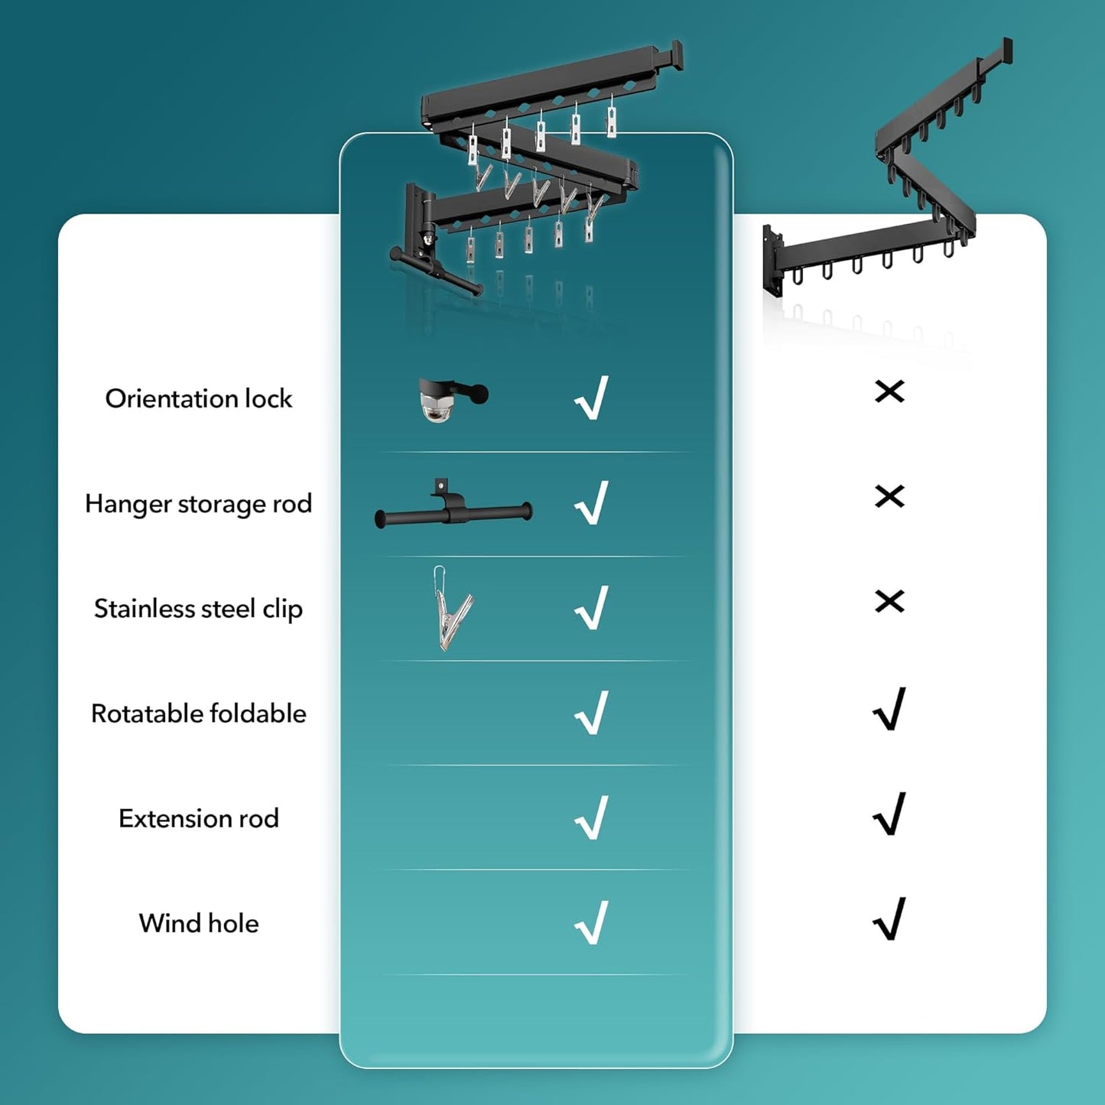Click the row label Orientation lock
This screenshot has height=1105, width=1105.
click(198, 398)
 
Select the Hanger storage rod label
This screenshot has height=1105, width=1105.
click(198, 504)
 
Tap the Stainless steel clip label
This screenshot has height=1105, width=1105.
click(198, 609)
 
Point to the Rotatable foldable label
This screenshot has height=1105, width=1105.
click(198, 713)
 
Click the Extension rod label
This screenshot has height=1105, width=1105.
click(198, 818)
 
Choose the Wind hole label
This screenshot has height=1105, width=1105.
click(198, 923)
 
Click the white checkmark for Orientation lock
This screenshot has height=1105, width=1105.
click(592, 398)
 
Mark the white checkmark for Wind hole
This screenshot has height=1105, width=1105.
click(592, 922)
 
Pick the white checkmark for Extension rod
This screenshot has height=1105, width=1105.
click(592, 817)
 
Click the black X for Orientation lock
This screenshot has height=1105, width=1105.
click(889, 392)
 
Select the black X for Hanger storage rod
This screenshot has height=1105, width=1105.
click(889, 496)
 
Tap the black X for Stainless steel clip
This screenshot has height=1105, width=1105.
click(889, 601)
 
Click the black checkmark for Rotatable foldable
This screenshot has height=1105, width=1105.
click(889, 709)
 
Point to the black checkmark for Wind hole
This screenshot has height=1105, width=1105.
click(889, 918)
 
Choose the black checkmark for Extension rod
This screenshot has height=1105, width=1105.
click(889, 814)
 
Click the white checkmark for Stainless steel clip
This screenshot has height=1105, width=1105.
click(592, 608)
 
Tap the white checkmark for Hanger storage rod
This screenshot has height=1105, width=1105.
click(592, 502)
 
